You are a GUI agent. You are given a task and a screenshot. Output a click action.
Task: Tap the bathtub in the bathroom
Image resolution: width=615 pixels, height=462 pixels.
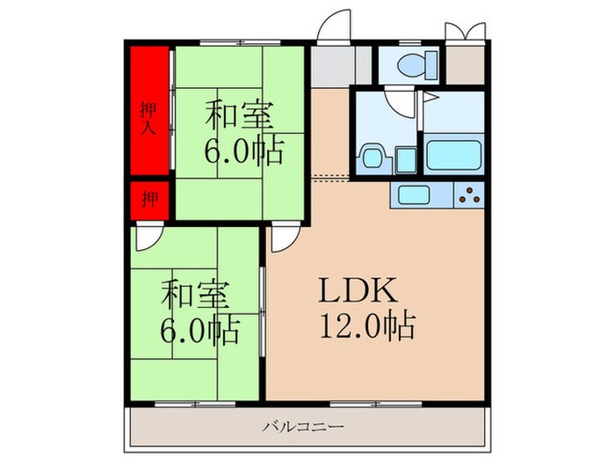click(x=453, y=155)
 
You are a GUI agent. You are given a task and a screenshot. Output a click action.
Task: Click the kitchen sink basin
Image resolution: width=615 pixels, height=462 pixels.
click(x=413, y=194)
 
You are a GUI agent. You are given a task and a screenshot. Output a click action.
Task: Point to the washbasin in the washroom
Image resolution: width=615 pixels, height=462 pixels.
click(x=371, y=159)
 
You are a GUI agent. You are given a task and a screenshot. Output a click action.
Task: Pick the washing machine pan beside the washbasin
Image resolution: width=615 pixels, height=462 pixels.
click(x=404, y=159)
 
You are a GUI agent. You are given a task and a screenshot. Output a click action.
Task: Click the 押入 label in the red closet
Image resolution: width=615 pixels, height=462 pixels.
click(x=149, y=117)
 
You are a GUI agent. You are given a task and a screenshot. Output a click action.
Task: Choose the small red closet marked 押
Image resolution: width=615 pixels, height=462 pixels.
click(x=150, y=198)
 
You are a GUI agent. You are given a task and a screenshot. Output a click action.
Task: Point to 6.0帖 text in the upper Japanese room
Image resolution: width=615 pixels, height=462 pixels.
click(x=243, y=151)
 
